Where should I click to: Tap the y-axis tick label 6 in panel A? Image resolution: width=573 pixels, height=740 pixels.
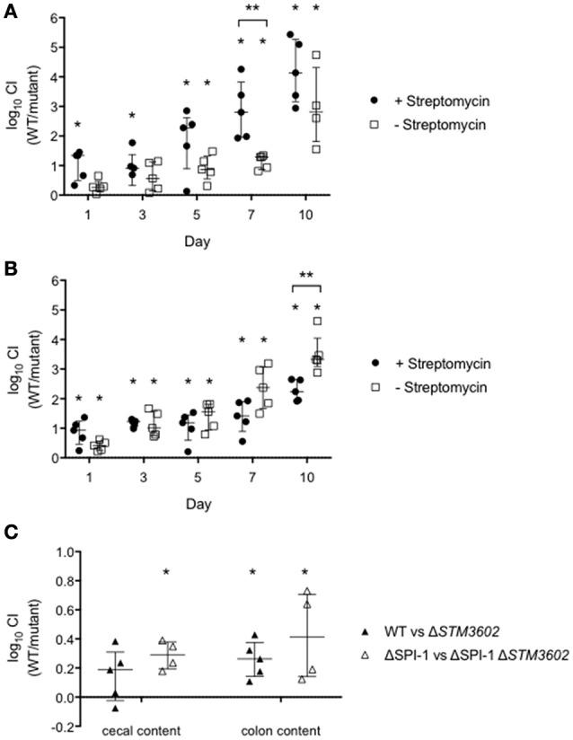54,18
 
